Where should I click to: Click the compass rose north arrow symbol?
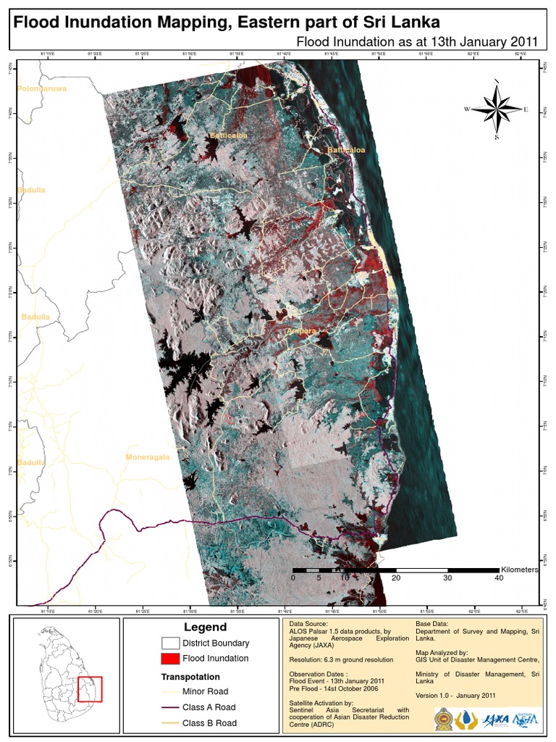coord(497,109)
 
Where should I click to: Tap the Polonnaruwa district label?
coord(42,88)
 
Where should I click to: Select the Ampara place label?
coord(302,331)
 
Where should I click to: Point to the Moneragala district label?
coord(148,457)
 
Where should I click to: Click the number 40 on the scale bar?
coord(498,578)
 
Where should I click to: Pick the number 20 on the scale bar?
coord(395,578)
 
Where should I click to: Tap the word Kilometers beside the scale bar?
coord(519,570)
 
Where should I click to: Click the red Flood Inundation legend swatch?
coord(170,659)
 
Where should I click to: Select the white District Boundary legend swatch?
coord(170,643)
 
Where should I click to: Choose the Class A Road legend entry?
coord(208,707)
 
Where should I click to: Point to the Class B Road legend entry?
coord(208,723)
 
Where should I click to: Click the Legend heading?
coord(205,628)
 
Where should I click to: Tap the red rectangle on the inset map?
coord(90,688)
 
